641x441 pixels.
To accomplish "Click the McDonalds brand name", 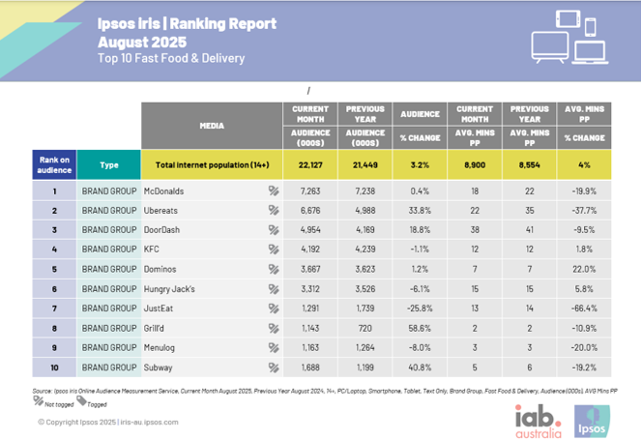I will pos(163,191).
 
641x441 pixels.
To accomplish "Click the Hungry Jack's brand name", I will pos(171,288).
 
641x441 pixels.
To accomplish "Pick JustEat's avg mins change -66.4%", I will pos(583,309).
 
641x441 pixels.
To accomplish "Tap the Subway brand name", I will pos(159,367).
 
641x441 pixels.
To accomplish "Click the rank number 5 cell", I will pos(55,269).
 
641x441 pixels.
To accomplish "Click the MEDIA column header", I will pos(212,125).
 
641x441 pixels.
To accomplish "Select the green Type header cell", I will pos(107,163).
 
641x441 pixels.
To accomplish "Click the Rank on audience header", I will pos(55,163).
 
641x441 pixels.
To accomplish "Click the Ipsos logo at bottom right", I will pos(592,417).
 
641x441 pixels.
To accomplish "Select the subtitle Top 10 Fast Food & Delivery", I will pos(171,58).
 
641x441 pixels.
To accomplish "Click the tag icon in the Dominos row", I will pos(274,269).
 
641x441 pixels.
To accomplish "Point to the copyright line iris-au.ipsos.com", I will pos(107,423).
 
